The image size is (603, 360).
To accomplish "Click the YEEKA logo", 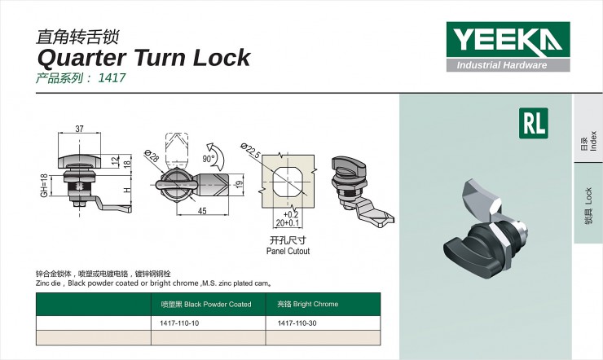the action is point(508,46).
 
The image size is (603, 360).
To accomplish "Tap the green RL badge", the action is point(534,123).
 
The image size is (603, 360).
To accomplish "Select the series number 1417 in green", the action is point(112,77).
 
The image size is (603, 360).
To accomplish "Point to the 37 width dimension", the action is point(79,129).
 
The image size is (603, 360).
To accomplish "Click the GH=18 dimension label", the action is point(44,186).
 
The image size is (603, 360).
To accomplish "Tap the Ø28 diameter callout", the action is point(152,156).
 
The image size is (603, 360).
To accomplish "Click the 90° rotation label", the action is point(209,159).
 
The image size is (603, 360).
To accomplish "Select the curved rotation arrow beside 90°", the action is point(218,156).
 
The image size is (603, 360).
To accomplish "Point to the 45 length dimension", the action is point(202,211).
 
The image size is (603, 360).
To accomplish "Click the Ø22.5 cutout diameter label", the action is point(251,150).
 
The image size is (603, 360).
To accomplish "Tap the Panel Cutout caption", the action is point(288,252).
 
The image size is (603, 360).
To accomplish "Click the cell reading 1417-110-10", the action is point(179,323).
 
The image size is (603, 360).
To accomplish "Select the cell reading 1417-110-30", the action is point(297,323).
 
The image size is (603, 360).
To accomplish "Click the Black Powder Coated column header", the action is point(206,305).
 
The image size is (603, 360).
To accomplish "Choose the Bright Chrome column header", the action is point(308,305).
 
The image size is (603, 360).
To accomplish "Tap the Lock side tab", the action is point(588,204).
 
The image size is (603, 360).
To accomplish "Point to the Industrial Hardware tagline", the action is point(501,65).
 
